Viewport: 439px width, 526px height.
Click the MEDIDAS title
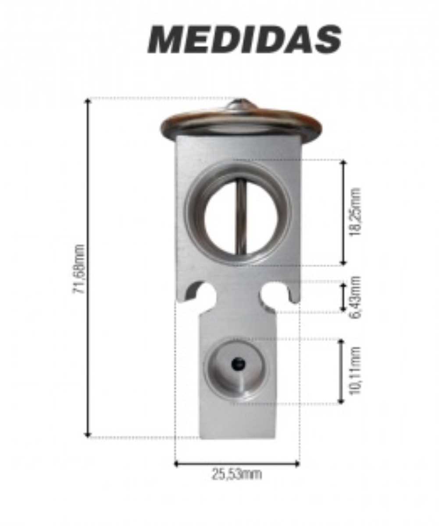coord(244,39)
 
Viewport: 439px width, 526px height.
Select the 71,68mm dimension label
coord(79,269)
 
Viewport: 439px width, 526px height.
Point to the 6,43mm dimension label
coord(355,297)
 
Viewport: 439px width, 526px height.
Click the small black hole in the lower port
coord(238,364)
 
